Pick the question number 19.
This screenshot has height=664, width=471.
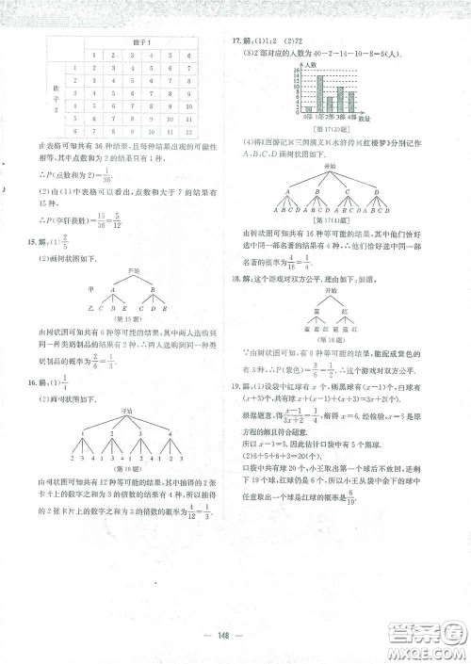pos(238,388)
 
